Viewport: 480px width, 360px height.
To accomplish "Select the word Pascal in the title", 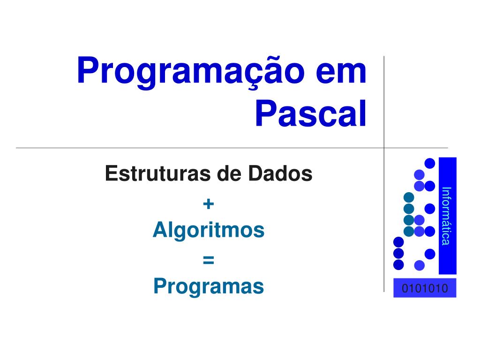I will coord(311,114).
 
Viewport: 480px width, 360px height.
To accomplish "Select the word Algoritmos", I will coord(209,230).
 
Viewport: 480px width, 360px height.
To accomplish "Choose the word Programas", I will coord(209,286).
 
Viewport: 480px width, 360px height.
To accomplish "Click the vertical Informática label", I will coord(447,216).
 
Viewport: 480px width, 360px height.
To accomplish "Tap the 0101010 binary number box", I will coord(425,288).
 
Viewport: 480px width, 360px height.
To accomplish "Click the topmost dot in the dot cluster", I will coord(430,163).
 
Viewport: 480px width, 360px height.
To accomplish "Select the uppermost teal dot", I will coord(409,197).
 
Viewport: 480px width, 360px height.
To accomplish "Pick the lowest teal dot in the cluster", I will coord(409,231).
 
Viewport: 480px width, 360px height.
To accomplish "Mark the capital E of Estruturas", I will coord(111,173).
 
